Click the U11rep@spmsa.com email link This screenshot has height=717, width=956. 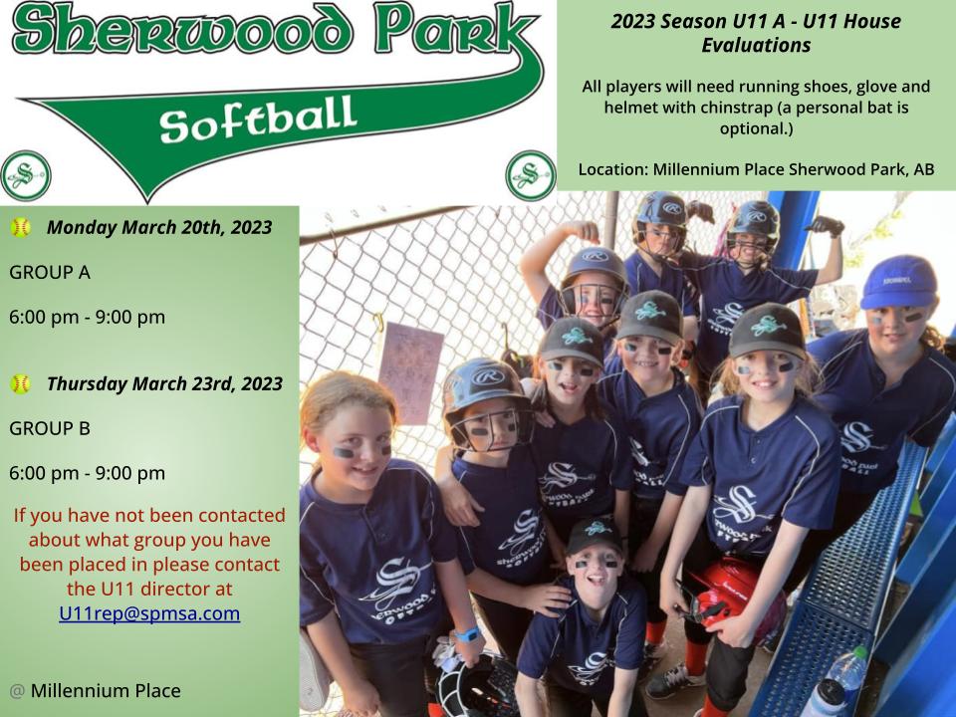[149, 613]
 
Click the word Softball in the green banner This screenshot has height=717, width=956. [257, 119]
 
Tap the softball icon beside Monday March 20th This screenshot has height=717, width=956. [20, 227]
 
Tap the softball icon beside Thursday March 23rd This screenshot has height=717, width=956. [20, 384]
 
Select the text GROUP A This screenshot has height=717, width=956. [50, 272]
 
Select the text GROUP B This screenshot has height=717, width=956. [50, 428]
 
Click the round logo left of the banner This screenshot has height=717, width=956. [26, 175]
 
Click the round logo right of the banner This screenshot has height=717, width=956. [531, 175]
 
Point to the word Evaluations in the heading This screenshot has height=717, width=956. [756, 45]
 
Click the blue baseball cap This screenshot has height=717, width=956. [899, 282]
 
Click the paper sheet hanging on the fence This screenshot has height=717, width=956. [410, 372]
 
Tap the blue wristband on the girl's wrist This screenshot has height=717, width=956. [466, 634]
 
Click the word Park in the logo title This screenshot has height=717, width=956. [456, 29]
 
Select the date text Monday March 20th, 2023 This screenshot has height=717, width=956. [159, 227]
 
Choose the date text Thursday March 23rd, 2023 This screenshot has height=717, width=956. [164, 384]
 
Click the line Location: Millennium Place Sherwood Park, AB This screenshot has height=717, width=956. [756, 169]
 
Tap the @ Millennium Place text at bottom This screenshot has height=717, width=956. [96, 691]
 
